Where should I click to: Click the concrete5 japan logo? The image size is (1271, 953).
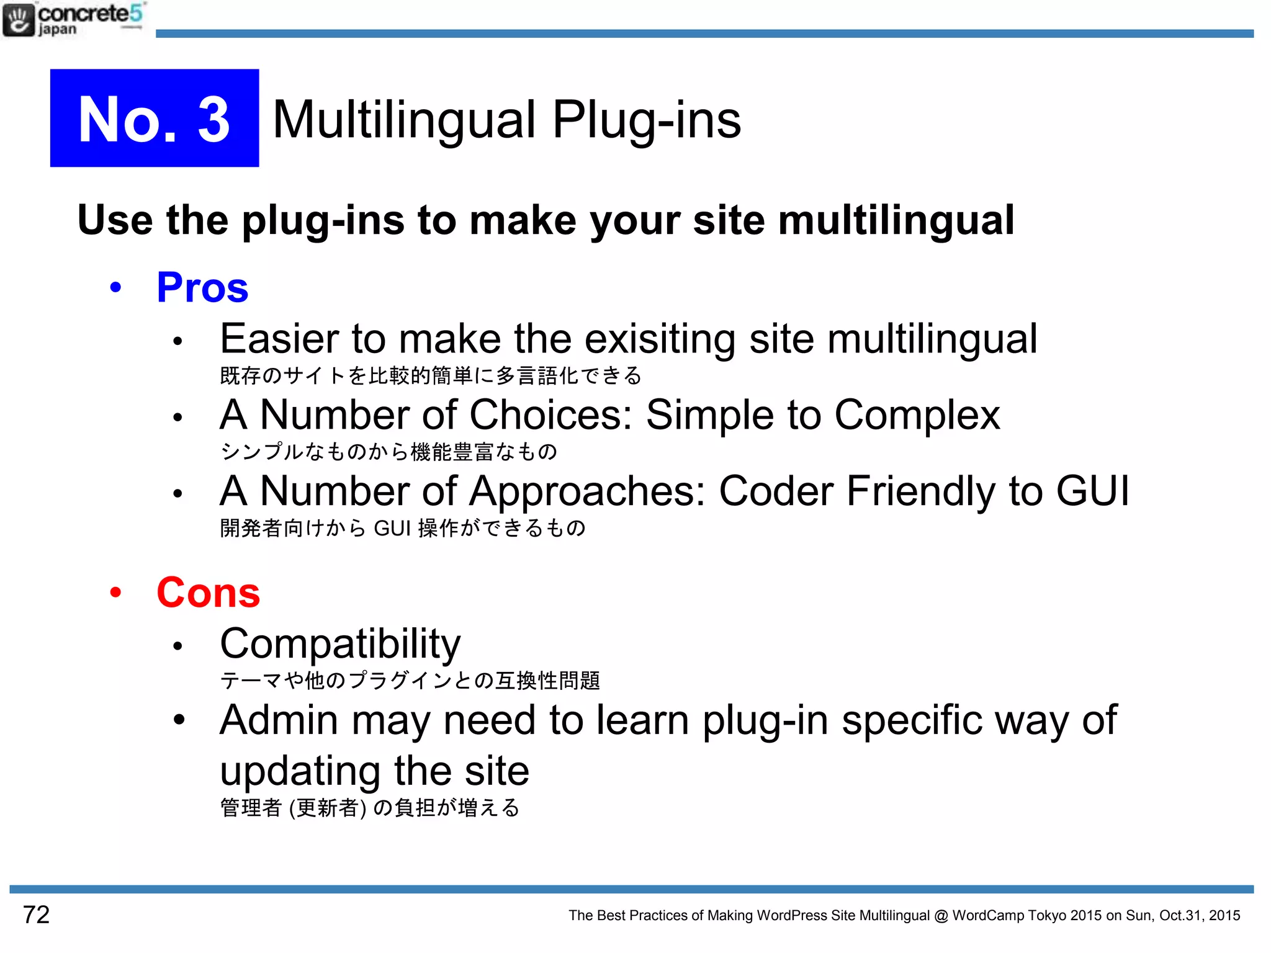tap(73, 19)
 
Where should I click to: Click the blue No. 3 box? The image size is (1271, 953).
tap(155, 118)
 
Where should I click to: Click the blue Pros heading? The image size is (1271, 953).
tap(202, 288)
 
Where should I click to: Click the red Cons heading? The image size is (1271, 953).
tap(208, 593)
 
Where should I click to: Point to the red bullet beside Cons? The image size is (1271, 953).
tap(115, 593)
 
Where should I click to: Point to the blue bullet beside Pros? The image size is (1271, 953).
tap(115, 288)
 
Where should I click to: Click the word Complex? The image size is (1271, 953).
tap(917, 415)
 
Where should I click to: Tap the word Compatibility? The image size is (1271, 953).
tap(340, 644)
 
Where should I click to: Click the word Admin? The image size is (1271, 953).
tap(279, 720)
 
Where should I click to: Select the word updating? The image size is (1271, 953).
tap(300, 771)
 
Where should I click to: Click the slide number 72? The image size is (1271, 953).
tap(36, 915)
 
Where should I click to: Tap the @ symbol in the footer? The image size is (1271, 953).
tap(941, 916)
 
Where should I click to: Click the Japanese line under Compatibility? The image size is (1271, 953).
tap(410, 681)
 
